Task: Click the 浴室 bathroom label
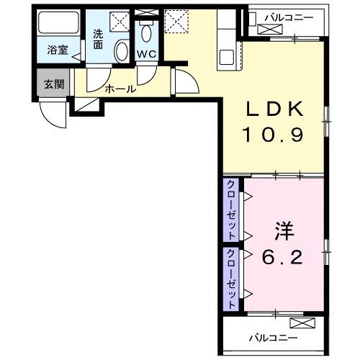point(58,50)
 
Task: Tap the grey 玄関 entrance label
point(54,84)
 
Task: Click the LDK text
point(277,109)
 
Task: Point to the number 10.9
point(277,135)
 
